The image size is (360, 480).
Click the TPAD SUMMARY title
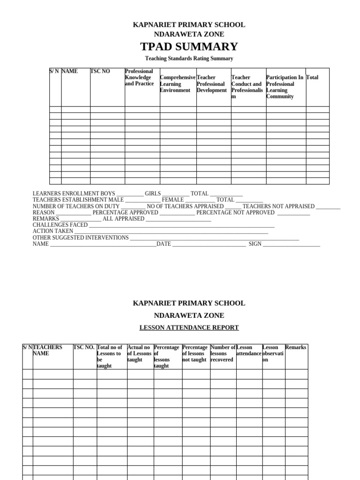pyautogui.click(x=189, y=46)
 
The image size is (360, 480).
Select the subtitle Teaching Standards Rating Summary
pyautogui.click(x=189, y=59)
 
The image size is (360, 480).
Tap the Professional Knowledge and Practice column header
pyautogui.click(x=139, y=77)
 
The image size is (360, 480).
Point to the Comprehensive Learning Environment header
pyautogui.click(x=177, y=83)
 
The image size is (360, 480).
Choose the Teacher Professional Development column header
pyautogui.click(x=212, y=83)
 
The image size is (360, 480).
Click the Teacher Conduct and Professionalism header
pyautogui.click(x=247, y=87)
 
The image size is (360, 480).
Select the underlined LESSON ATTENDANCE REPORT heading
pyautogui.click(x=189, y=328)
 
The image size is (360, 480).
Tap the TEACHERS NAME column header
pyautogui.click(x=47, y=350)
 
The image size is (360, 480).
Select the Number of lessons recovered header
pyautogui.click(x=223, y=353)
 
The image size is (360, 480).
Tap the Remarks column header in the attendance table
pyautogui.click(x=296, y=347)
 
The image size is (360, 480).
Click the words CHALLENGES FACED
pyautogui.click(x=60, y=225)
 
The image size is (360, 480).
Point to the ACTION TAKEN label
pyautogui.click(x=52, y=231)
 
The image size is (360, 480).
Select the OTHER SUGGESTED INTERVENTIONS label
pyautogui.click(x=81, y=238)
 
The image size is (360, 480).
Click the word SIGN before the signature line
pyautogui.click(x=255, y=244)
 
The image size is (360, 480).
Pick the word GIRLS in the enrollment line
pyautogui.click(x=153, y=193)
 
